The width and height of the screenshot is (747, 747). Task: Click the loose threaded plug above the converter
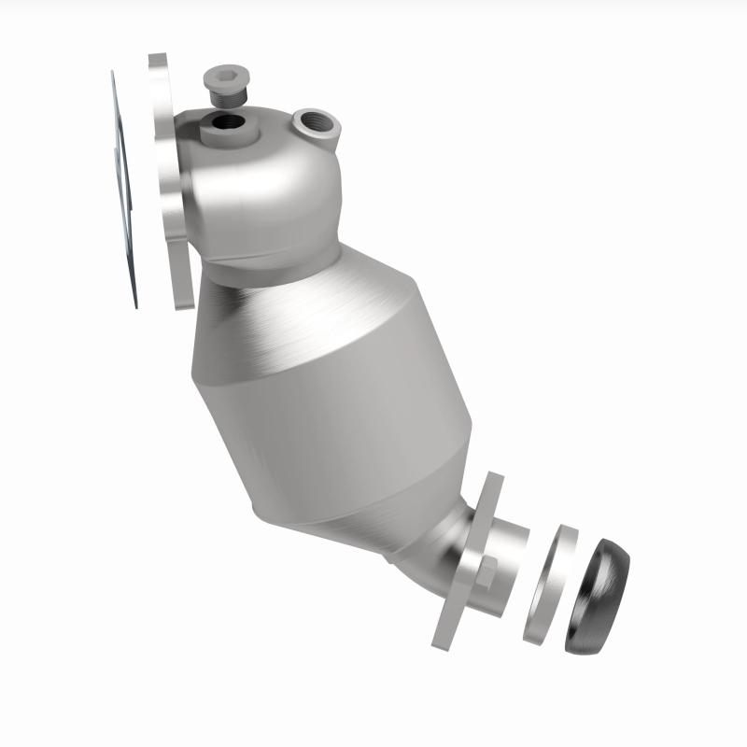[223, 85]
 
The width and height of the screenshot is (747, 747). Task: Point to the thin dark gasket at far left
[123, 187]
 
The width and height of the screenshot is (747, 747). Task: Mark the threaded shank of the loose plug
[223, 96]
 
